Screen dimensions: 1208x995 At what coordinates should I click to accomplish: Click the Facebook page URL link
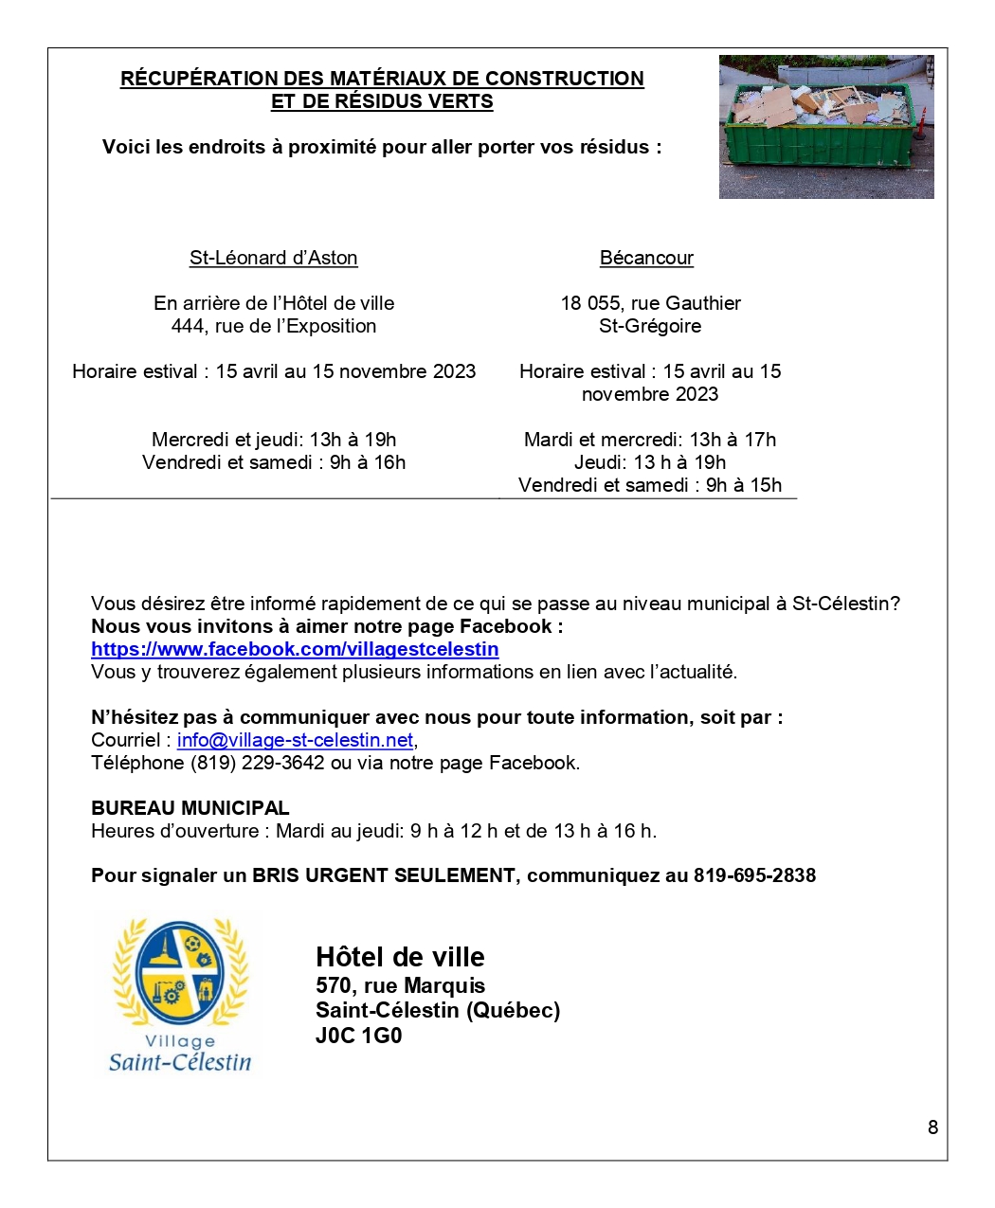[295, 649]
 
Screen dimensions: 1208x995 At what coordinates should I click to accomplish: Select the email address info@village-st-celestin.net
[295, 740]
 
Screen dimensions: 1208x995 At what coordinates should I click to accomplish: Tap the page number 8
[932, 1127]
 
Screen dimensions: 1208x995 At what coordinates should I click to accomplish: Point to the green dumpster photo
[825, 127]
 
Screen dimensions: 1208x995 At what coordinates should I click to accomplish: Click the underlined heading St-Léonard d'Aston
[273, 258]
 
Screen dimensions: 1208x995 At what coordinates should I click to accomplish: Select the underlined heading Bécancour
[646, 258]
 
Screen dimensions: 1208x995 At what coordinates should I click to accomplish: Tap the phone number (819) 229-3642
[258, 763]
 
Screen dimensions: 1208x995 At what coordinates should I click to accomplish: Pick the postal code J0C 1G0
[358, 1036]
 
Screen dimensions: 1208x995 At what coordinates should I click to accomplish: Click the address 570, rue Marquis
[400, 985]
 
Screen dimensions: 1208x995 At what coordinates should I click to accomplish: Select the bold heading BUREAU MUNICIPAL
[190, 808]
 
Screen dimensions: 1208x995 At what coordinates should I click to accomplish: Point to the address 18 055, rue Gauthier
[650, 303]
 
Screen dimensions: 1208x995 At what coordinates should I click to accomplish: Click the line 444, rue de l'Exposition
[273, 326]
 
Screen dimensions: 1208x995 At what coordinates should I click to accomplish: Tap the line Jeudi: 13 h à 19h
[650, 462]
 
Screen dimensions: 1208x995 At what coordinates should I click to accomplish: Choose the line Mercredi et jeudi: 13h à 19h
[273, 440]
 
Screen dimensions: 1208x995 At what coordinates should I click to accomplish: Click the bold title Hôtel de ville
[400, 957]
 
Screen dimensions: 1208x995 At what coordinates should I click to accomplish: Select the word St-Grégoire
[650, 326]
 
